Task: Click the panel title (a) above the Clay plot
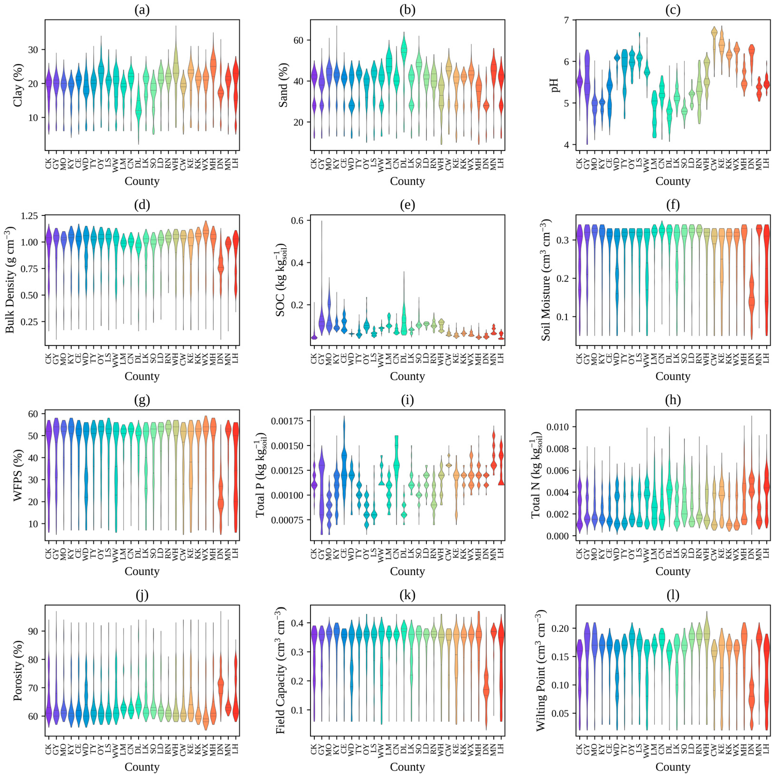pos(142,10)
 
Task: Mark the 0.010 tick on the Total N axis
pos(558,427)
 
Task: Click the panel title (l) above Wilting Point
pos(673,595)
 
